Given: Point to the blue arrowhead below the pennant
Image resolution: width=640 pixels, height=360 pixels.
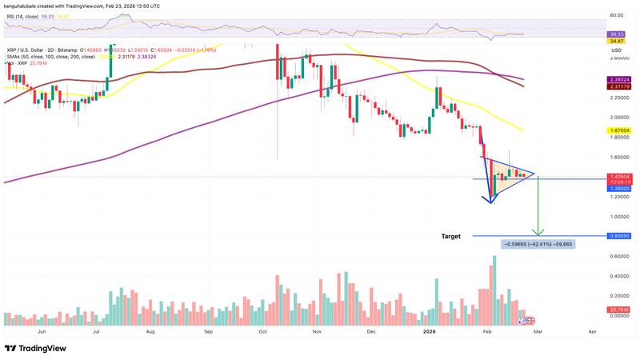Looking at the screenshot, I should pyautogui.click(x=490, y=201).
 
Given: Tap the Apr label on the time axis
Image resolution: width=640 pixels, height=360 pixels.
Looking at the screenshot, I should pyautogui.click(x=592, y=330).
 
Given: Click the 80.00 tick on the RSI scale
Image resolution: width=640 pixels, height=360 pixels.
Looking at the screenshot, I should pyautogui.click(x=616, y=15).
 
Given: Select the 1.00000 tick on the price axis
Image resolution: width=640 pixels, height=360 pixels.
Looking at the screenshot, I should pyautogui.click(x=615, y=217).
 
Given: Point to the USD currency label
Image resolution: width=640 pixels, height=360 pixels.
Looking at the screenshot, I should pyautogui.click(x=616, y=50).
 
